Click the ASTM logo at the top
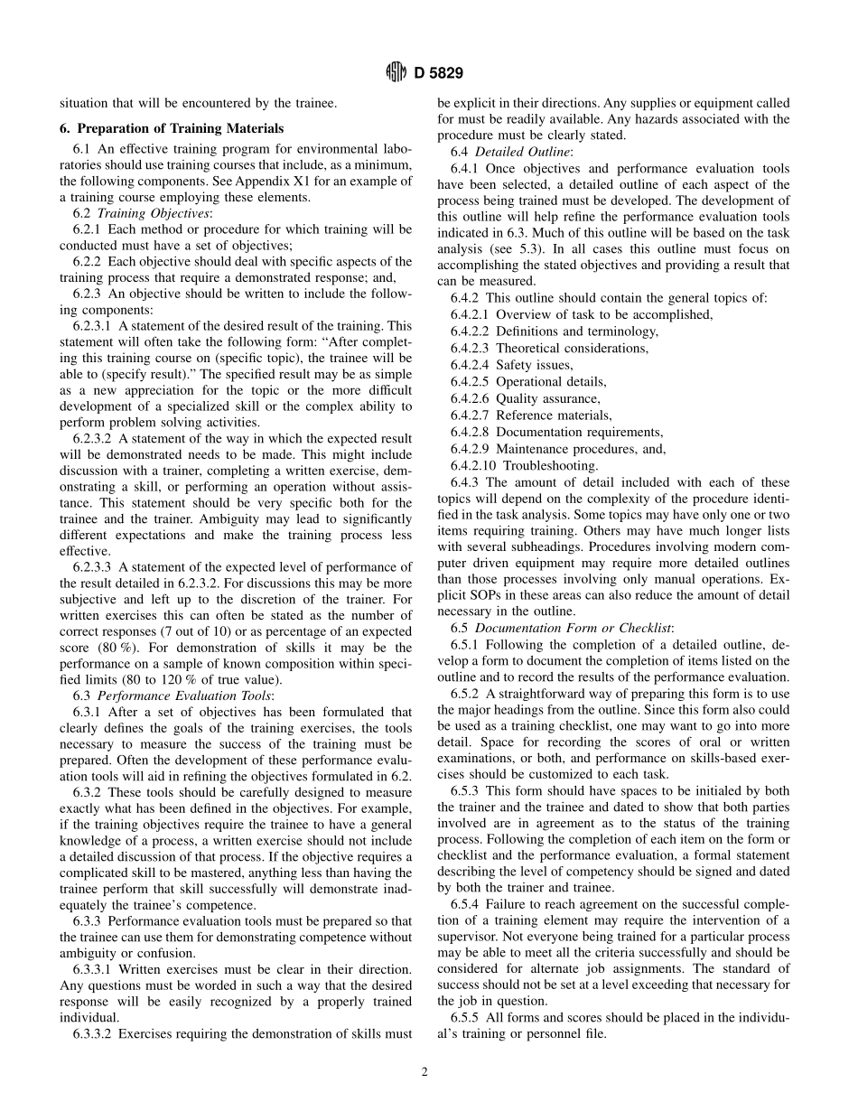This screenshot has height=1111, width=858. (x=397, y=72)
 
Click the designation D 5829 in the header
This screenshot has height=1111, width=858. (x=439, y=73)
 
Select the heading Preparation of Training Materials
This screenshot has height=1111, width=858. (x=179, y=128)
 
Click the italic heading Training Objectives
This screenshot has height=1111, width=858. (x=154, y=213)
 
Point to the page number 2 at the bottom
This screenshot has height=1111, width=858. (x=424, y=1072)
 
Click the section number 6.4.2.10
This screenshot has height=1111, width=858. (x=473, y=466)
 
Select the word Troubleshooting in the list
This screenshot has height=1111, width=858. (x=550, y=466)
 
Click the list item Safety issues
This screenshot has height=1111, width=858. (x=535, y=365)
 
